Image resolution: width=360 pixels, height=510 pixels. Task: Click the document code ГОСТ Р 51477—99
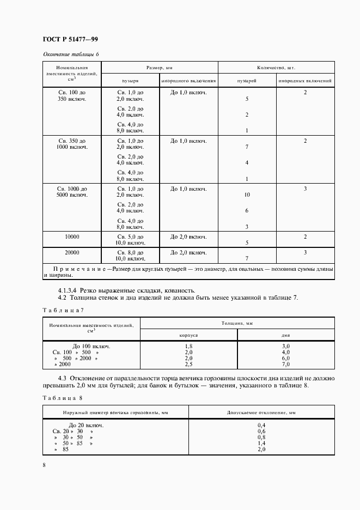pyautogui.click(x=70, y=39)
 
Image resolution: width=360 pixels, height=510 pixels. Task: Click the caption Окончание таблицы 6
pyautogui.click(x=70, y=54)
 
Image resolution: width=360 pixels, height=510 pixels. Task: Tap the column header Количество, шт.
pyautogui.click(x=276, y=67)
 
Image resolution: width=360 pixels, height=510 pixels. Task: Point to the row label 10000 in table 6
pyautogui.click(x=72, y=237)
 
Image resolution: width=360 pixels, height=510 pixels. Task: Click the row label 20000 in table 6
pyautogui.click(x=72, y=253)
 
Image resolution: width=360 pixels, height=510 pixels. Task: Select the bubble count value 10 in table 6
pyautogui.click(x=247, y=195)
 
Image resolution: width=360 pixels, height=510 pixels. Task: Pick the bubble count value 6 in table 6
pyautogui.click(x=247, y=210)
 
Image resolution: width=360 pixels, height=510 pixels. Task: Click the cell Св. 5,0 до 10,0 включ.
pyautogui.click(x=130, y=240)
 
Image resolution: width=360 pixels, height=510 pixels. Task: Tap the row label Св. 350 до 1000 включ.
pyautogui.click(x=72, y=144)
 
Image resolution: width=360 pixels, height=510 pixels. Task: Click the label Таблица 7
pyautogui.click(x=63, y=309)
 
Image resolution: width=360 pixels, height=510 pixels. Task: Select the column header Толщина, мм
pyautogui.click(x=238, y=323)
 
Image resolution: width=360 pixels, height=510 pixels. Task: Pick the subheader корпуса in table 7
pyautogui.click(x=188, y=335)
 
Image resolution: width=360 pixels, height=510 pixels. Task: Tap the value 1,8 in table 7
pyautogui.click(x=188, y=346)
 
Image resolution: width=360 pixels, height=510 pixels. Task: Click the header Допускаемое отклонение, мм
pyautogui.click(x=261, y=412)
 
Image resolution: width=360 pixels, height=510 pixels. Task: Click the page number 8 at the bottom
pyautogui.click(x=44, y=465)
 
